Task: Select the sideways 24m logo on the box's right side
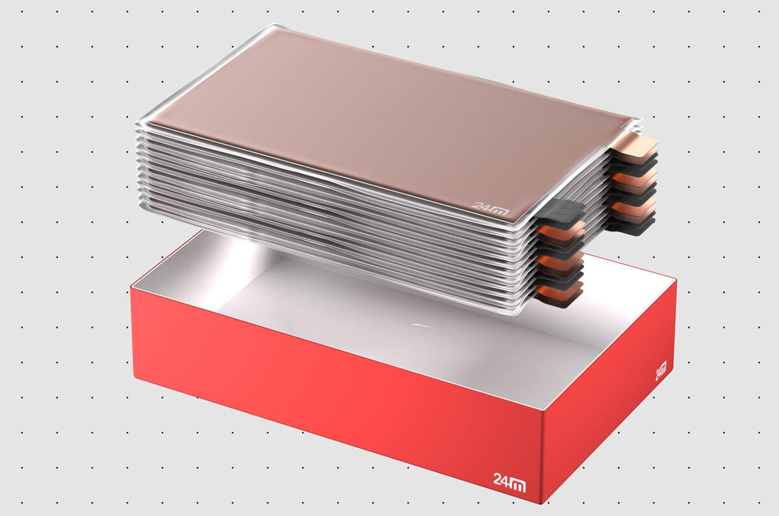click(660, 371)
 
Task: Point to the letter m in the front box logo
click(519, 483)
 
